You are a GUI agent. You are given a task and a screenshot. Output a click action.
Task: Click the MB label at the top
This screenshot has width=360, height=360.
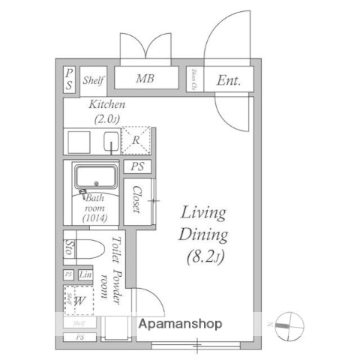point(145,79)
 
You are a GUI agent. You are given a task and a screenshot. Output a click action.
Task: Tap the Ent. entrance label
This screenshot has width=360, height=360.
point(229,80)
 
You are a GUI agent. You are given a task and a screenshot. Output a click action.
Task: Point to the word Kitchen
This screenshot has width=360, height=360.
point(107,105)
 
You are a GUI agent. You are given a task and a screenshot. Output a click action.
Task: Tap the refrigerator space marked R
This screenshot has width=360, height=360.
point(136,141)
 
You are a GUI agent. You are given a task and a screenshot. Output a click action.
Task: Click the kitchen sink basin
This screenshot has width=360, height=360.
point(111,141)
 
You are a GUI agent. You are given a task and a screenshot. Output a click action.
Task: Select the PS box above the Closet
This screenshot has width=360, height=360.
point(136,167)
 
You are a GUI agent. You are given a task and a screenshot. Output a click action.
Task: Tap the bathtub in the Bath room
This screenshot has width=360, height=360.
point(95,178)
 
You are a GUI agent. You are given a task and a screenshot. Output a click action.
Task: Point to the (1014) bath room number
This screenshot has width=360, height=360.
point(94,218)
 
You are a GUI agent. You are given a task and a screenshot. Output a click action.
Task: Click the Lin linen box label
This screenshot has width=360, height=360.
point(85,275)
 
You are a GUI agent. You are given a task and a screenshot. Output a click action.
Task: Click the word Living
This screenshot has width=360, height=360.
point(203,212)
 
